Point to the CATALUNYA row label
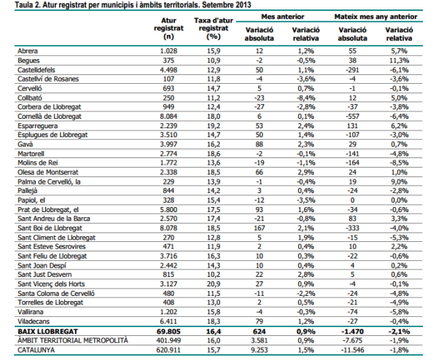point(36,349)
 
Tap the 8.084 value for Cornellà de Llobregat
point(169,116)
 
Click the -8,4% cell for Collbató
point(306,97)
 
